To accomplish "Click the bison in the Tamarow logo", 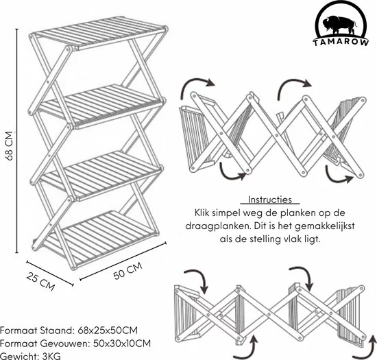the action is [339, 25].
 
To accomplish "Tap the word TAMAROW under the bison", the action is [341, 43].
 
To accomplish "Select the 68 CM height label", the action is [10, 146].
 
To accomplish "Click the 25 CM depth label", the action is [40, 281].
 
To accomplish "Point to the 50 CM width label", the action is [127, 271].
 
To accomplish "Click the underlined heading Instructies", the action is [270, 200].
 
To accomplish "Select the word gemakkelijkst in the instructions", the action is [325, 226].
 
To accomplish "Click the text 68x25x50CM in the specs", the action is [108, 331].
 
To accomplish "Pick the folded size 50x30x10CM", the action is [122, 343].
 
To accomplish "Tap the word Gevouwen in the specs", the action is [62, 343].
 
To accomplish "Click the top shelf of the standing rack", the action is [99, 32].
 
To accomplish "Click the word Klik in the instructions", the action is [202, 213].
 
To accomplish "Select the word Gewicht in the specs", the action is [19, 356].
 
